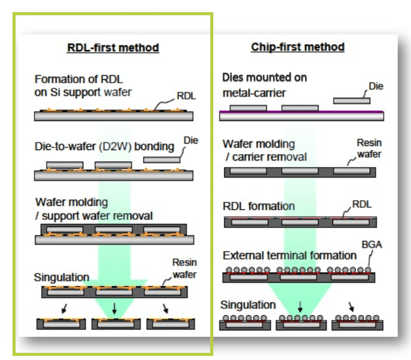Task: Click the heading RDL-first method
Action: [113, 47]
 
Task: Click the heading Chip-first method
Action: [297, 47]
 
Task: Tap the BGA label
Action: [372, 246]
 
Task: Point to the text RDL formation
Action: [258, 206]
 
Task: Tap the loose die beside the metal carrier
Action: [351, 101]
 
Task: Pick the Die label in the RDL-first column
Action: [190, 141]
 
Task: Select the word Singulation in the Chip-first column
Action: [248, 305]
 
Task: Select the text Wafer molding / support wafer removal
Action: [93, 209]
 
